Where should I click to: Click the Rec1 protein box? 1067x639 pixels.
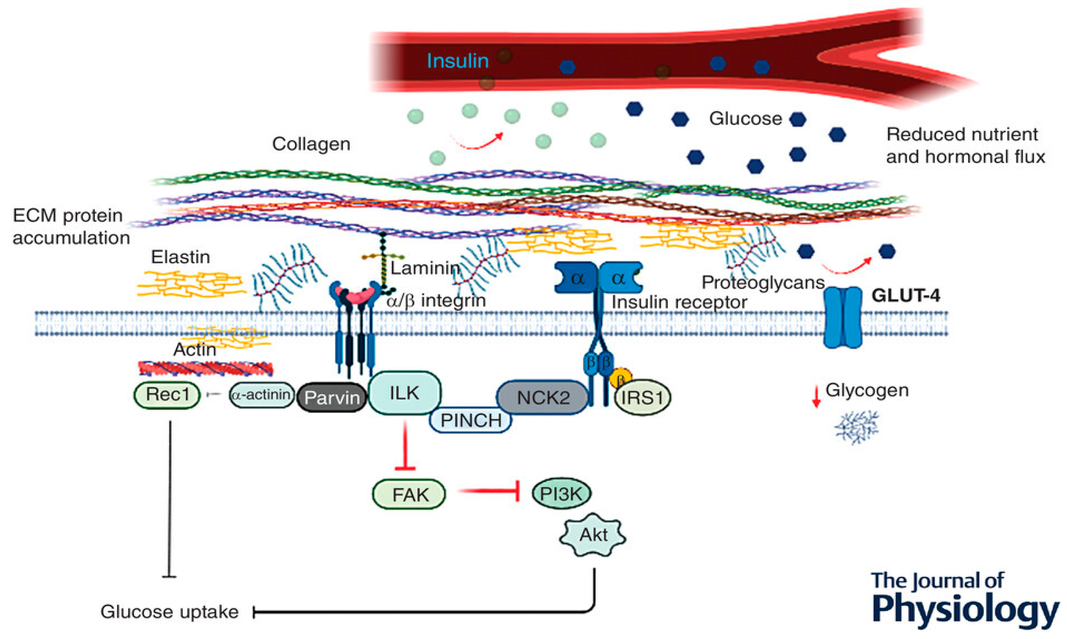pyautogui.click(x=167, y=395)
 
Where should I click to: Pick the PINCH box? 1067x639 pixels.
pyautogui.click(x=471, y=420)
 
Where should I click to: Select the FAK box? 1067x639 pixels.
pyautogui.click(x=409, y=494)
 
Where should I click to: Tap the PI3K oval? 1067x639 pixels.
pyautogui.click(x=561, y=493)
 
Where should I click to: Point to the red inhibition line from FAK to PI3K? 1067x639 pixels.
pyautogui.click(x=489, y=491)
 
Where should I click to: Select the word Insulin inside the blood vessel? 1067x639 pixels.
pyautogui.click(x=457, y=61)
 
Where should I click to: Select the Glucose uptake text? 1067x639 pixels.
pyautogui.click(x=169, y=612)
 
